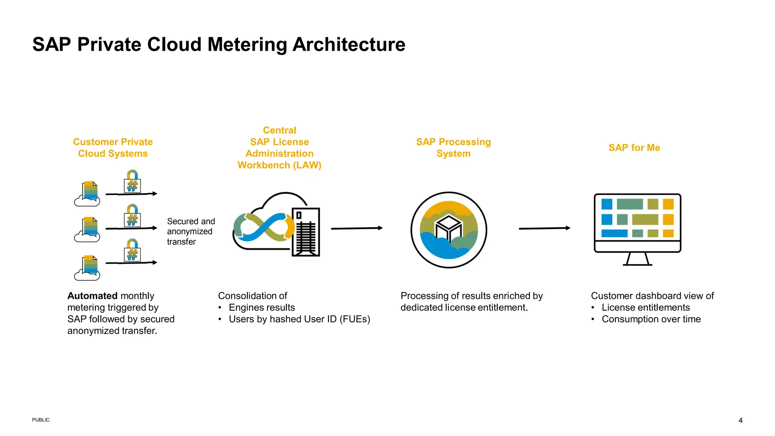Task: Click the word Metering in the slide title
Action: [247, 45]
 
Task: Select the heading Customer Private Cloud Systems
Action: [113, 148]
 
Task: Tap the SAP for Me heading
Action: [634, 148]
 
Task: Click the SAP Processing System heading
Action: [453, 148]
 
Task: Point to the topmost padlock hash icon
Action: [132, 182]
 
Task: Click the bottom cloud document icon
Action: [88, 268]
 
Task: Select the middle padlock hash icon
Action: [132, 216]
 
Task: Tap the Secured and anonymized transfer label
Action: [191, 231]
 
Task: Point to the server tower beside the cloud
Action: [306, 232]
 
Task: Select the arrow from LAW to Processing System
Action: [357, 228]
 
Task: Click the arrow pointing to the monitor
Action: [545, 228]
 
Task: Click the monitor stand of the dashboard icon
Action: [638, 259]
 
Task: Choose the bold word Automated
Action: [92, 296]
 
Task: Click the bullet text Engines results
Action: [262, 308]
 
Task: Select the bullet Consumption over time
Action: [651, 319]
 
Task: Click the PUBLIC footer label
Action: [41, 420]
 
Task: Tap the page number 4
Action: [741, 420]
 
